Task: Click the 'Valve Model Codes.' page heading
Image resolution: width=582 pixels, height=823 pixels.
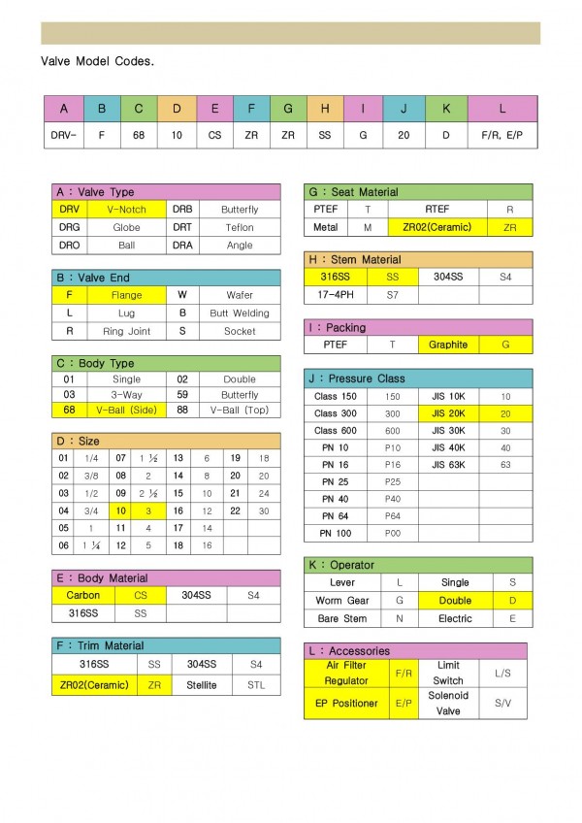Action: (x=97, y=60)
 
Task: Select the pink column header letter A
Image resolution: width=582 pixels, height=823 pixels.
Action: (x=64, y=109)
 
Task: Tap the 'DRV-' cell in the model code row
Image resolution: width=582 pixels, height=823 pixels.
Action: (x=64, y=135)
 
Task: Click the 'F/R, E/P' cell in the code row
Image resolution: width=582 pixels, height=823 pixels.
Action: (x=501, y=135)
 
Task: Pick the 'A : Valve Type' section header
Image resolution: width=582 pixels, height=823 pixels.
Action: (x=95, y=192)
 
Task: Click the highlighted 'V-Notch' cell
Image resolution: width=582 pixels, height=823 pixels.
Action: (x=127, y=210)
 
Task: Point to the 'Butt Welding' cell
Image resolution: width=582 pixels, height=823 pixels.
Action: (x=239, y=313)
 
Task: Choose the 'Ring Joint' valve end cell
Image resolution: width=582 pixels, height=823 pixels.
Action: (x=126, y=331)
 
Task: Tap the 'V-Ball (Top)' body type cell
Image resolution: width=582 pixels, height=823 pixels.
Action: (x=239, y=411)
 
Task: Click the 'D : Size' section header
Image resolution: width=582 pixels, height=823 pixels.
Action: (x=78, y=442)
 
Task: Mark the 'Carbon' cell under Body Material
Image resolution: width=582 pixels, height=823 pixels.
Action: (x=83, y=595)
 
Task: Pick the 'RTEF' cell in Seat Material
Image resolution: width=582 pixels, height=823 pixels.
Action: (x=437, y=209)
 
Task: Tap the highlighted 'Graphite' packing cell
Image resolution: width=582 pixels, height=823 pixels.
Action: (x=447, y=345)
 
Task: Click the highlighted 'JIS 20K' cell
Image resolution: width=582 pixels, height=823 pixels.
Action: (x=448, y=413)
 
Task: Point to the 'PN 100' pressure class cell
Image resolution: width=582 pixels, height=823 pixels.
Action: (x=335, y=533)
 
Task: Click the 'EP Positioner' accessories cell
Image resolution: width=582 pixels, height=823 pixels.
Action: (x=347, y=704)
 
